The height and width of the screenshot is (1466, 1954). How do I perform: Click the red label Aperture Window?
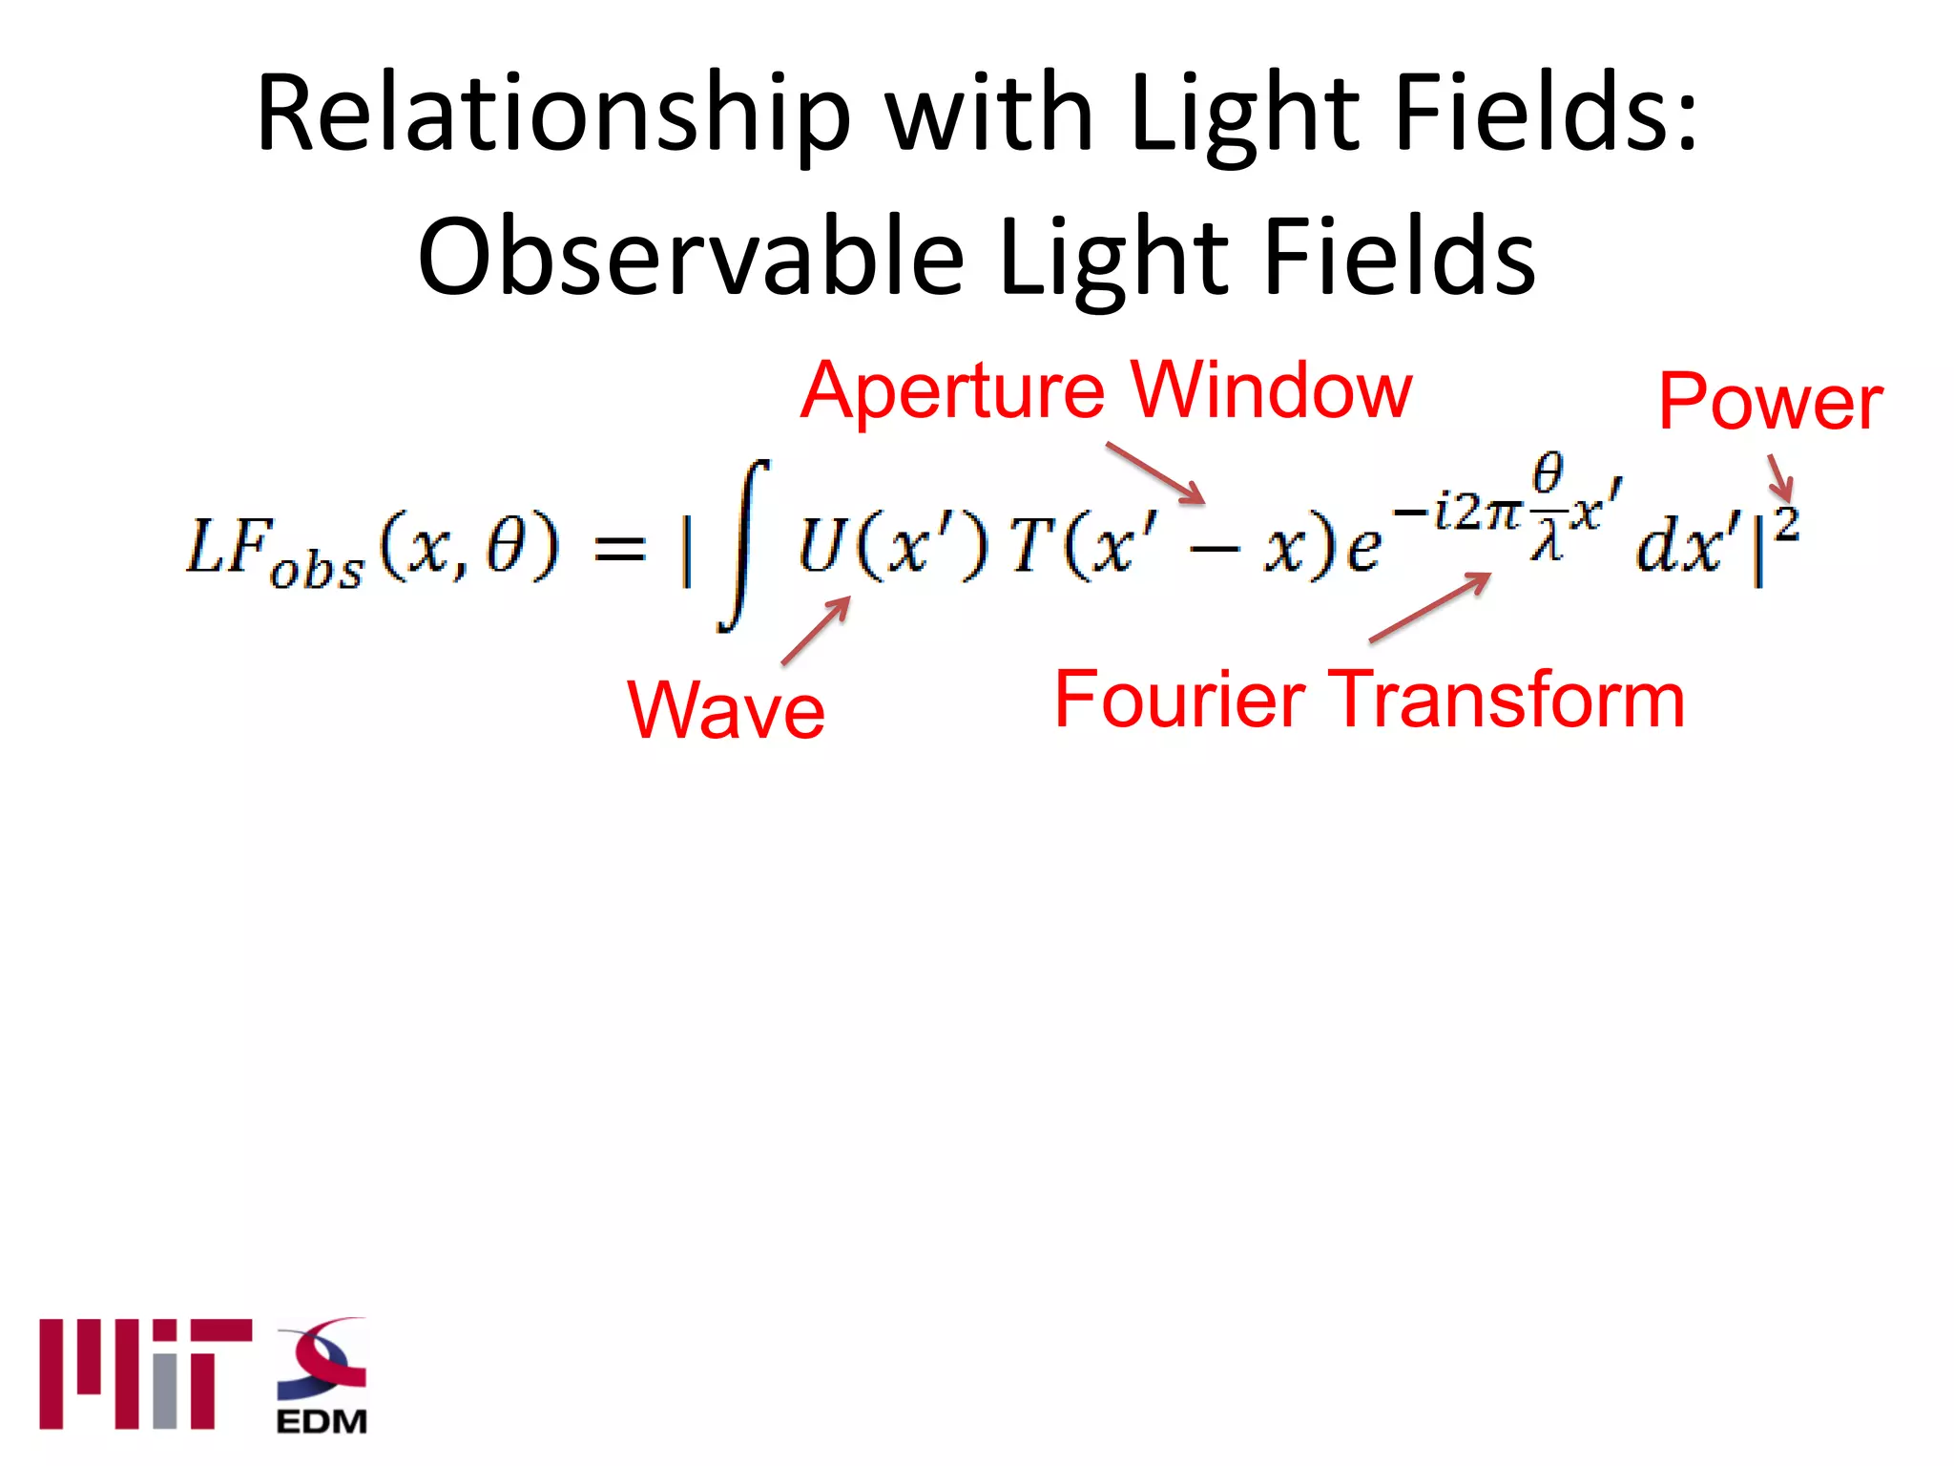[x=1105, y=391]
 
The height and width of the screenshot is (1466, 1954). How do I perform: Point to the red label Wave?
[x=725, y=711]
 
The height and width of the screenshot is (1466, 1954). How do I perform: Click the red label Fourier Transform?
[x=1369, y=701]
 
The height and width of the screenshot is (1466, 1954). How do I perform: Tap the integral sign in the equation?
[x=745, y=546]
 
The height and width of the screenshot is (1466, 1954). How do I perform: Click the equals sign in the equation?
[x=619, y=549]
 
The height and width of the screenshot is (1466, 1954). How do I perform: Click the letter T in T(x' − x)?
[x=1029, y=547]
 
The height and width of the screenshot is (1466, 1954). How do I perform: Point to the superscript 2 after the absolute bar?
[x=1787, y=525]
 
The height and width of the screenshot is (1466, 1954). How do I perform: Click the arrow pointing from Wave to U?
[x=817, y=630]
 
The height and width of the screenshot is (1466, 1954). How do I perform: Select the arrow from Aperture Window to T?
[x=1155, y=473]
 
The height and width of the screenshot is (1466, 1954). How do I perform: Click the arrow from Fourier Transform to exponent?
[x=1429, y=607]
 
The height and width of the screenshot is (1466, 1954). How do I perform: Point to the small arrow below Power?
[x=1780, y=477]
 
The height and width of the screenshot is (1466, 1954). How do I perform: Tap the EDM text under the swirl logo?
[x=322, y=1422]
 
